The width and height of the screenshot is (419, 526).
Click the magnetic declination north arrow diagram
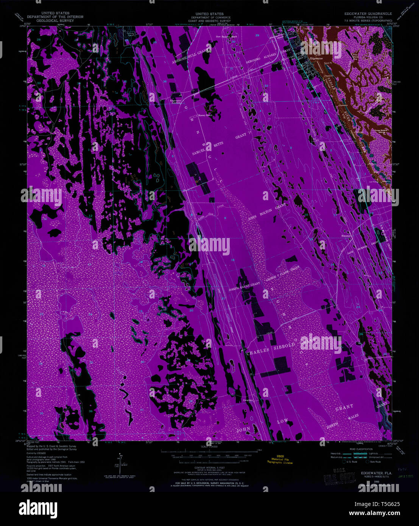[x=121, y=464]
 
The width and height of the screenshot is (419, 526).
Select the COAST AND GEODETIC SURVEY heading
[x=207, y=21]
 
